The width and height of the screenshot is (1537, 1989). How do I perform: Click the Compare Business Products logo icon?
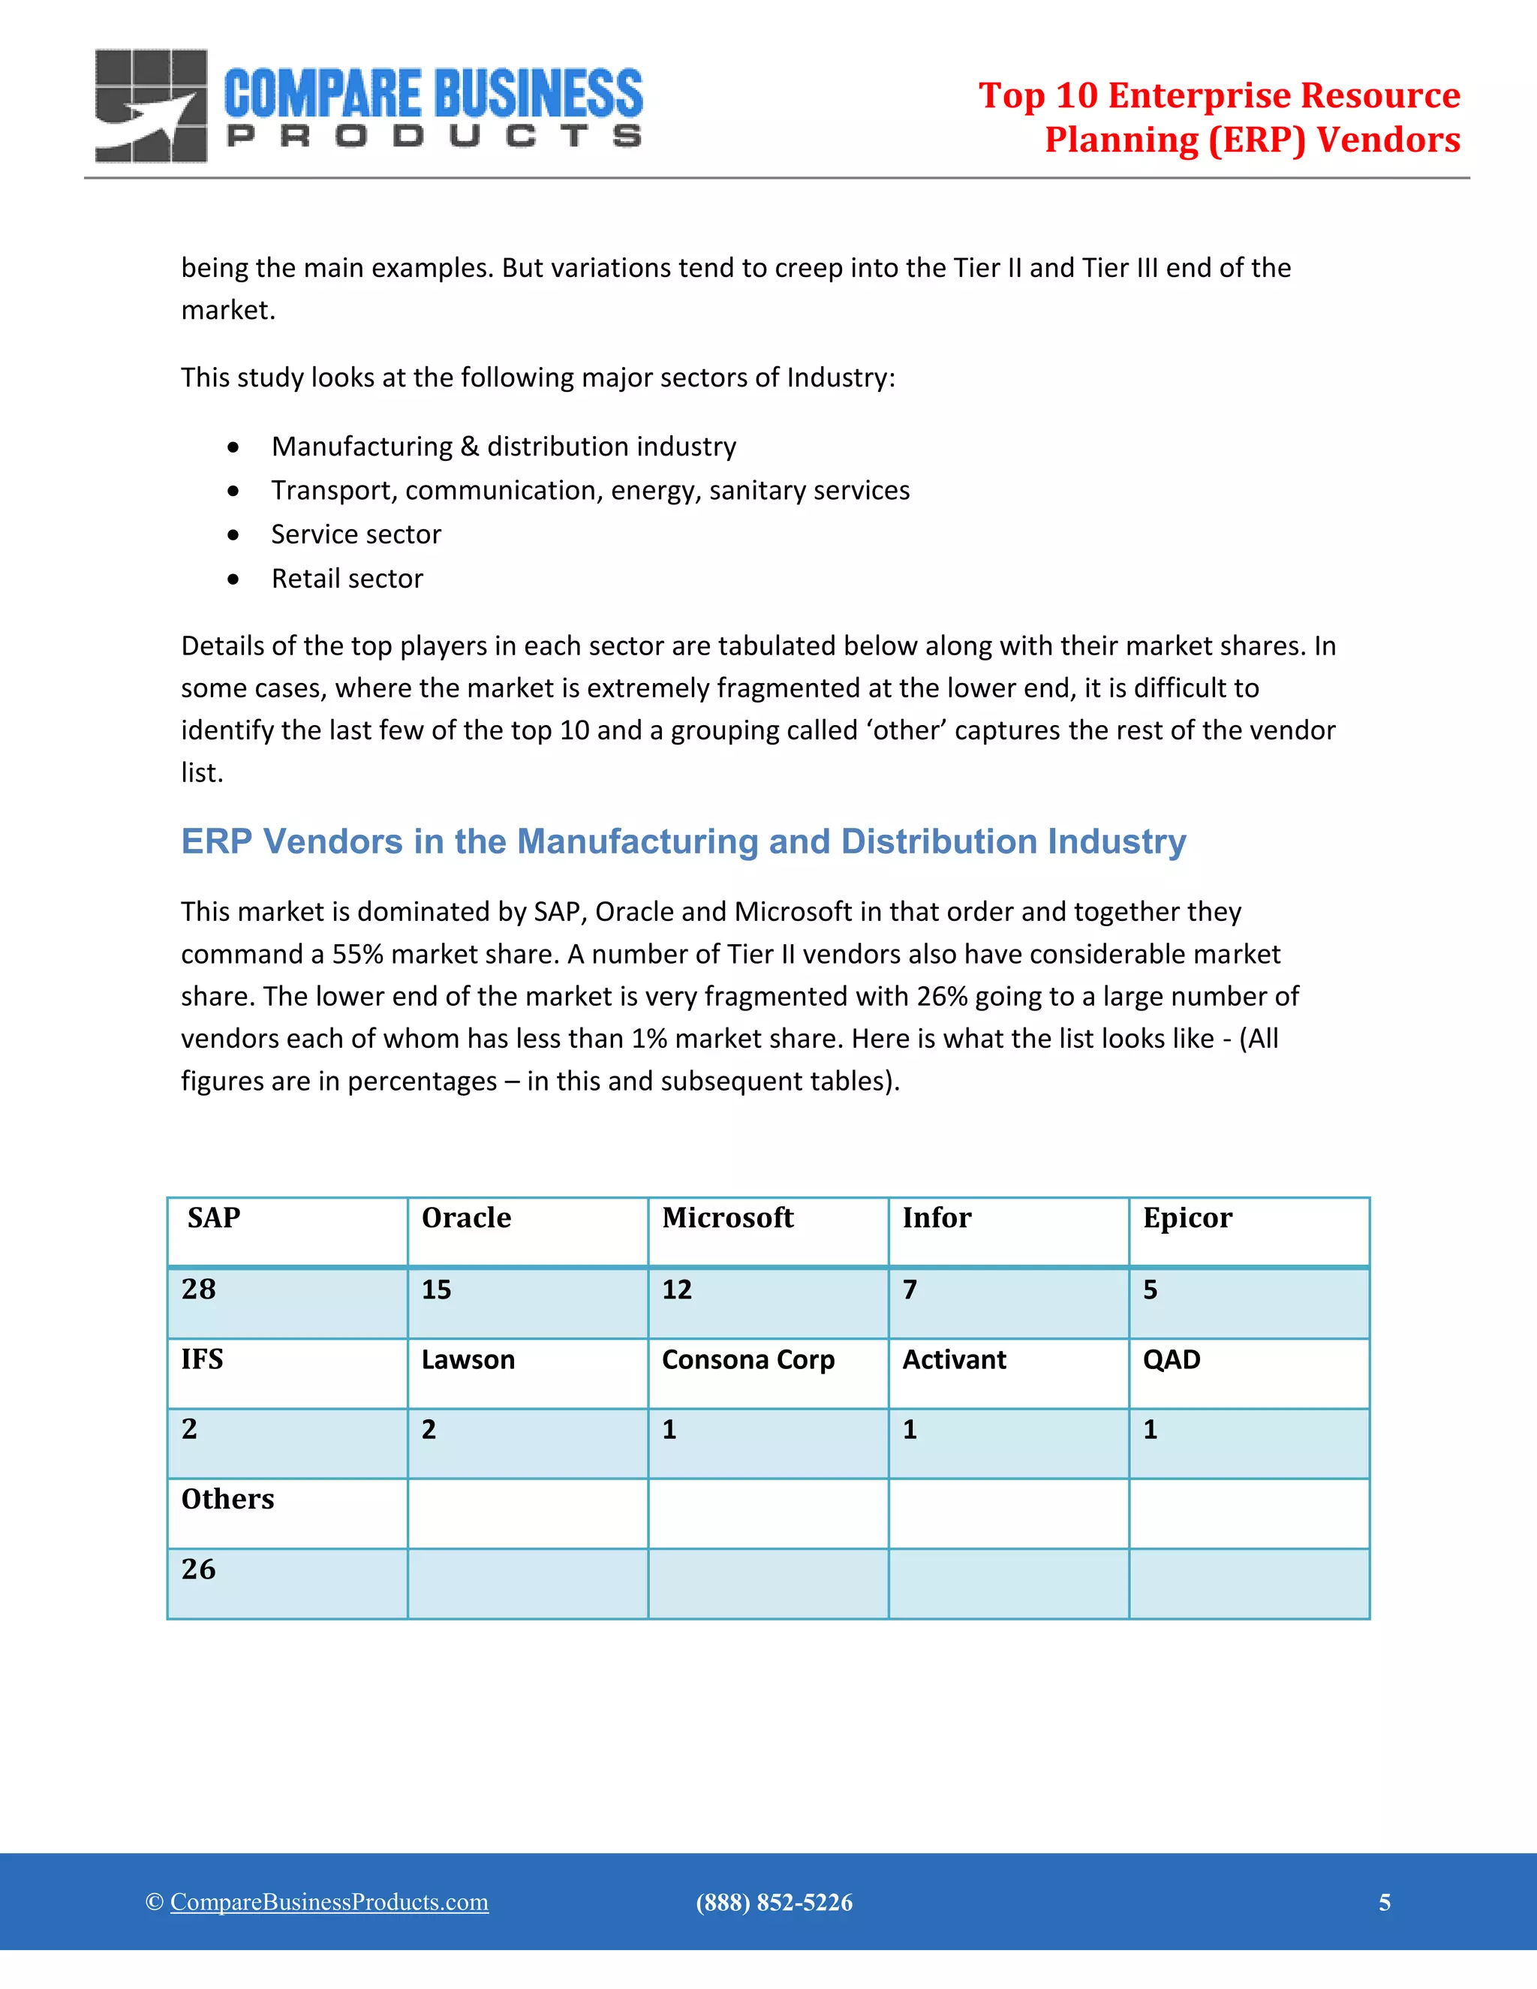coord(151,106)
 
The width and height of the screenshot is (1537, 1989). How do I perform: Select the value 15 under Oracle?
coord(436,1289)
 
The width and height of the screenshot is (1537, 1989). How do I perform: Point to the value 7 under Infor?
coord(910,1289)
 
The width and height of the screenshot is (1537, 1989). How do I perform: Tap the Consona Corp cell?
coord(747,1360)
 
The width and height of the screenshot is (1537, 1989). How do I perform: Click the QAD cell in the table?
coord(1172,1360)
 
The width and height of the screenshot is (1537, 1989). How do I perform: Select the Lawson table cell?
coord(468,1360)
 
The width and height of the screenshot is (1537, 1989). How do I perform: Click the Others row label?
coord(227,1499)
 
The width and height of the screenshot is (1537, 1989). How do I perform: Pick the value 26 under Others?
coord(198,1569)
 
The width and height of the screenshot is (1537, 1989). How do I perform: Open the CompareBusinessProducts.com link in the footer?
coord(329,1902)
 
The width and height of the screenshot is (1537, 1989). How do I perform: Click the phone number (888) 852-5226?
coord(774,1903)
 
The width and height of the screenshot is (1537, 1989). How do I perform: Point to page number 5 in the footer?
coord(1384,1903)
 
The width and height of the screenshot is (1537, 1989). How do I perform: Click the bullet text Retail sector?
coord(347,578)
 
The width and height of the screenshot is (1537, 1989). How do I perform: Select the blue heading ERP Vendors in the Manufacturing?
coord(683,841)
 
